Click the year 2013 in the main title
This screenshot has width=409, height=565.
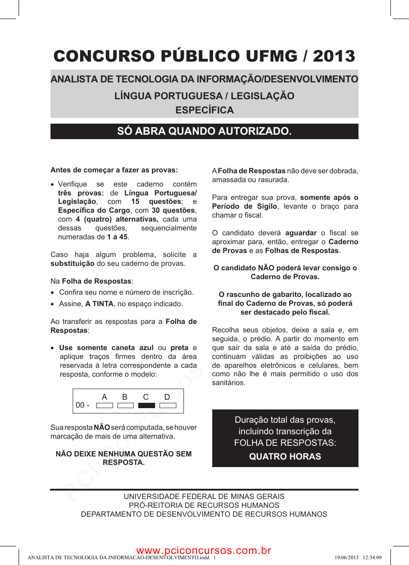[x=334, y=56]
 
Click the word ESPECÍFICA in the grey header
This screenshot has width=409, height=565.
[x=204, y=110]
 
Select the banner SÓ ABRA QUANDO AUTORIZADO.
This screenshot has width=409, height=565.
[x=204, y=131]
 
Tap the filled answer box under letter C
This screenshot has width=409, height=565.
[x=147, y=405]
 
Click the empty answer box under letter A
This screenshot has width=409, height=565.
[x=105, y=405]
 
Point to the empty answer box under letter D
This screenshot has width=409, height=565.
[x=168, y=405]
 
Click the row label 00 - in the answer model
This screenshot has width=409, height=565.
[x=82, y=405]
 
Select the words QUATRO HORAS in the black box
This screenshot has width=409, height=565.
[x=285, y=456]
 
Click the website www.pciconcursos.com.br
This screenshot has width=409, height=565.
[x=204, y=550]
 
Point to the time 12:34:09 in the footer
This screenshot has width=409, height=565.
[x=372, y=557]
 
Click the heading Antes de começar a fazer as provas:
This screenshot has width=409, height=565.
[x=114, y=170]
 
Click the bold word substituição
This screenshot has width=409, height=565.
[x=72, y=264]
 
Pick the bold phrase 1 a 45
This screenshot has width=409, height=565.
[x=117, y=237]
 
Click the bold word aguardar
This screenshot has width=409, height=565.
[x=300, y=233]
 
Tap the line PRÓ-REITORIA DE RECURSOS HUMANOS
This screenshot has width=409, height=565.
[x=204, y=505]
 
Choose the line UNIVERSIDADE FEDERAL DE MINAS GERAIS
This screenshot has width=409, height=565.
[x=204, y=496]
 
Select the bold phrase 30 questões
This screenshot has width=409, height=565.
[x=173, y=210]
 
